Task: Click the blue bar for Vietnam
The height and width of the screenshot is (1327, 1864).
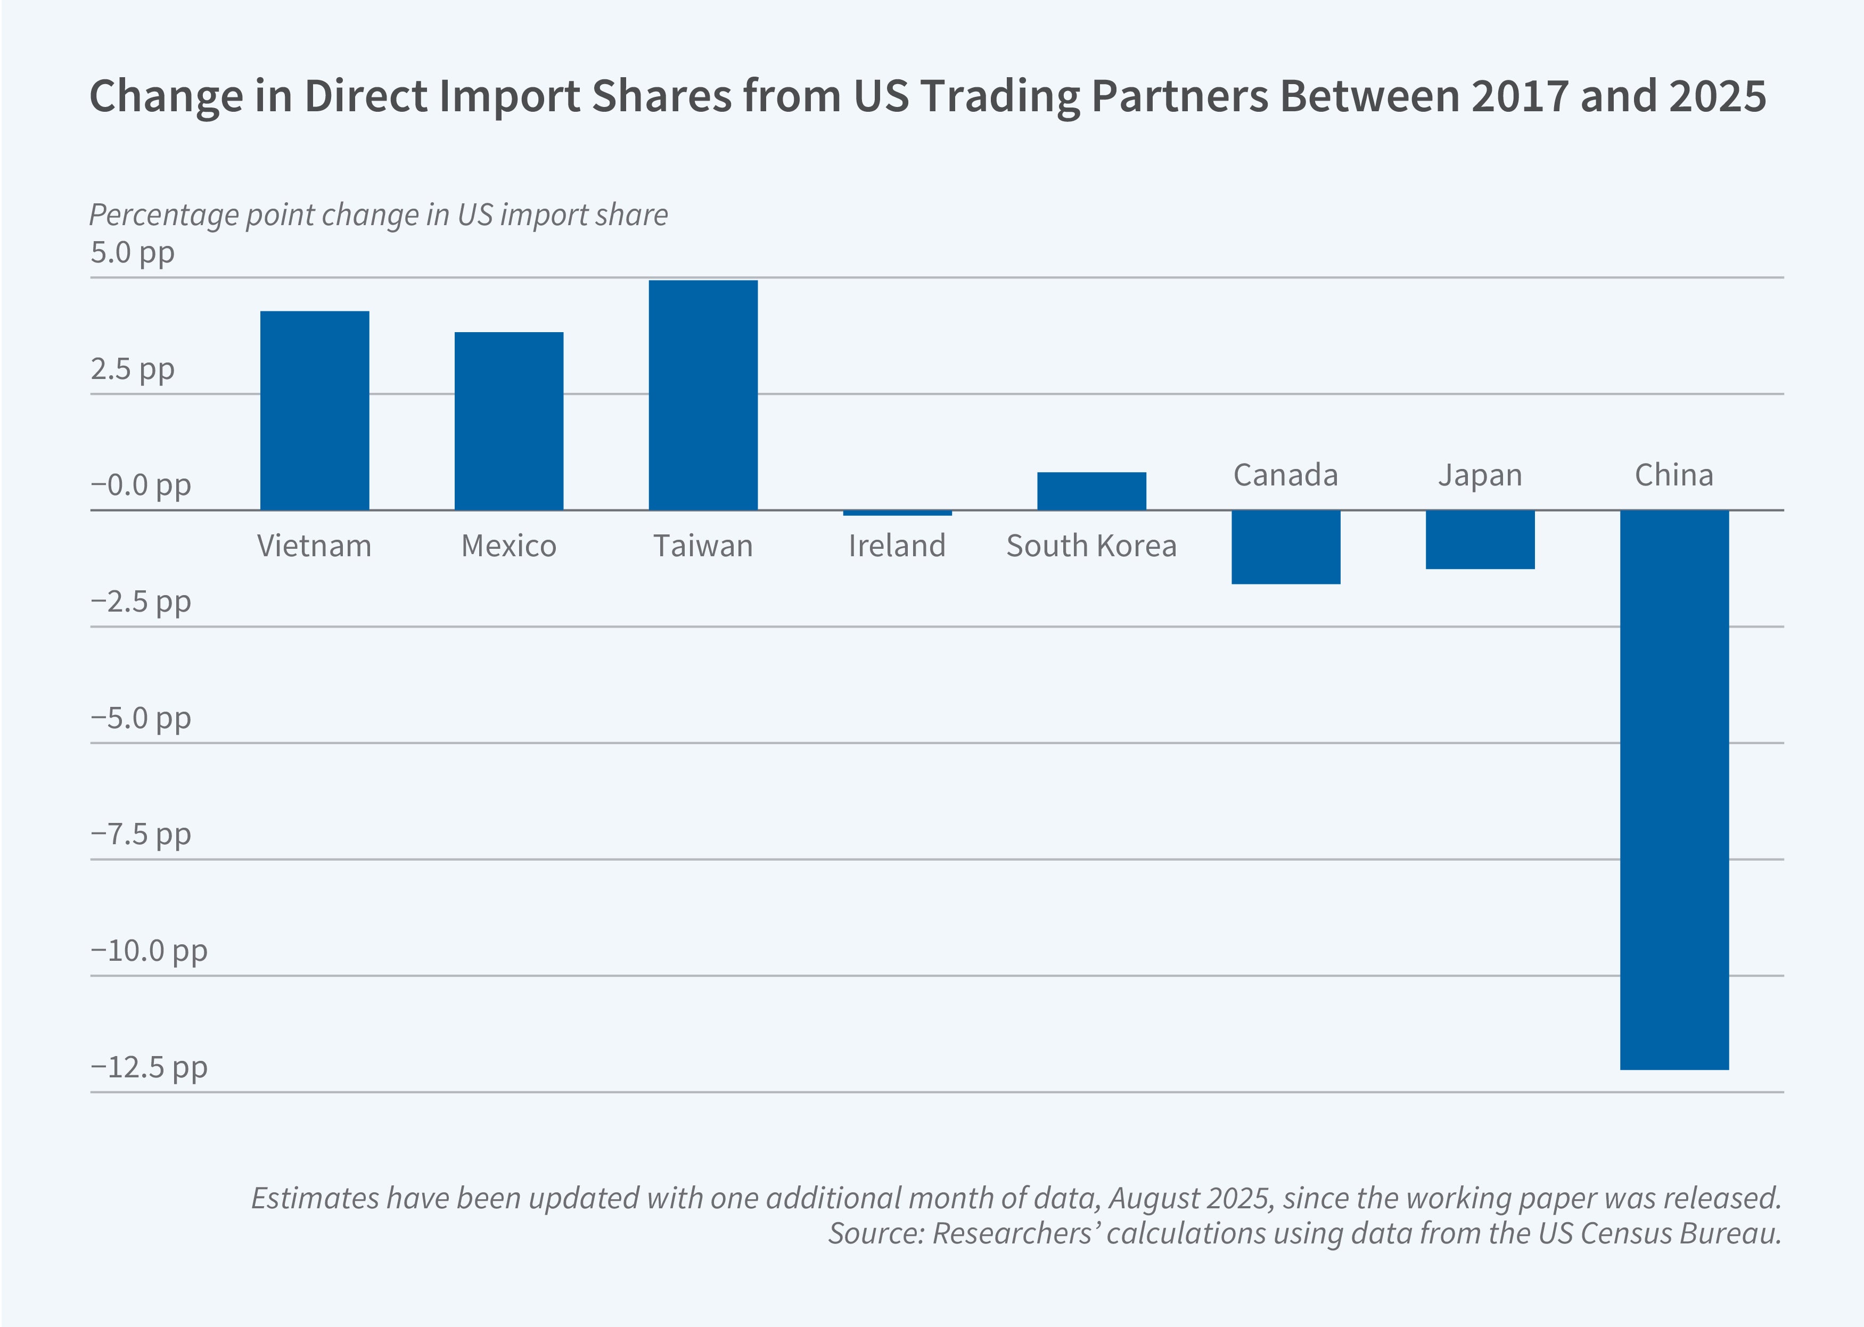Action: [x=315, y=410]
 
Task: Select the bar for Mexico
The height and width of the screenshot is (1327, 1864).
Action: [x=508, y=421]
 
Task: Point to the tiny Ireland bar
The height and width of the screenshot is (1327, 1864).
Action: [x=897, y=513]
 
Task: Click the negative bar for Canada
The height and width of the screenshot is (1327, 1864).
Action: [x=1285, y=547]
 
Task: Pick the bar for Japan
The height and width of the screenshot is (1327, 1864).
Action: [x=1480, y=539]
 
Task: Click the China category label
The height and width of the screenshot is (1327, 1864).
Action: [x=1673, y=475]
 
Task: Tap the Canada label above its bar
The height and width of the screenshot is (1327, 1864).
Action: [x=1285, y=475]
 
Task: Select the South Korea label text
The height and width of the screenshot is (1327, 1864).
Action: [x=1091, y=546]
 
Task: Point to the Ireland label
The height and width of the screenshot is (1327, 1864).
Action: [x=897, y=546]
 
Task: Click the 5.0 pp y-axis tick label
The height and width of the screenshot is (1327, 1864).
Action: [x=133, y=252]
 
